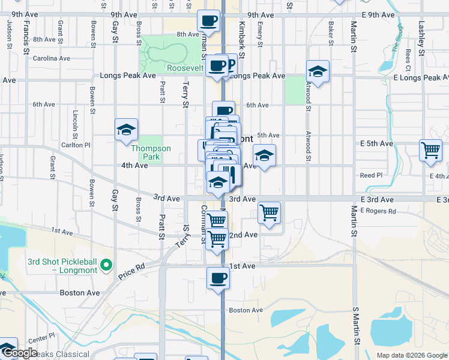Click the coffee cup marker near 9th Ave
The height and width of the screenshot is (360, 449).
(x=209, y=20)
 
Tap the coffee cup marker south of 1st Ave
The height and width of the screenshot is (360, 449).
(x=218, y=278)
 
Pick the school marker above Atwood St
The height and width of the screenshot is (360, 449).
(x=318, y=71)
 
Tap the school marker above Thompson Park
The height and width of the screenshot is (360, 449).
(x=127, y=129)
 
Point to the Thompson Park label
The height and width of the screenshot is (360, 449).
(x=151, y=152)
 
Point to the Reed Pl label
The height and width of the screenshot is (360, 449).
(x=371, y=175)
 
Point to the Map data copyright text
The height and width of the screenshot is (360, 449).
(x=411, y=355)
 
